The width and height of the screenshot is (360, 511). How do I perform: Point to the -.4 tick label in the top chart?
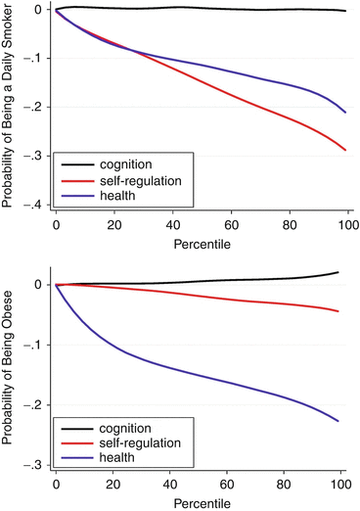coord(34,204)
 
